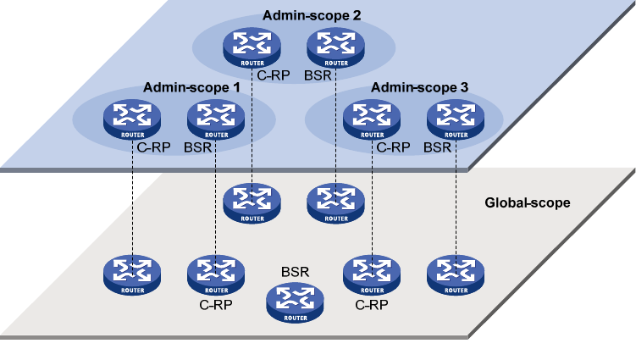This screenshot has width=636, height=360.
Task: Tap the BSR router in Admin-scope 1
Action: [215, 119]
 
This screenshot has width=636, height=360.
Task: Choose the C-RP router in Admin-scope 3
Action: [372, 119]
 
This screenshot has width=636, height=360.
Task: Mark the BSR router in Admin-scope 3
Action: [456, 119]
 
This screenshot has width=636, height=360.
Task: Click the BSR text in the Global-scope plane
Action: [295, 273]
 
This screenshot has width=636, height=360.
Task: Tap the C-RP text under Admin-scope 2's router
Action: [273, 75]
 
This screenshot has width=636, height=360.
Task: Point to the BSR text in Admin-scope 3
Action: [438, 147]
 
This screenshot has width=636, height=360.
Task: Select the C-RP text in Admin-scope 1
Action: [153, 147]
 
